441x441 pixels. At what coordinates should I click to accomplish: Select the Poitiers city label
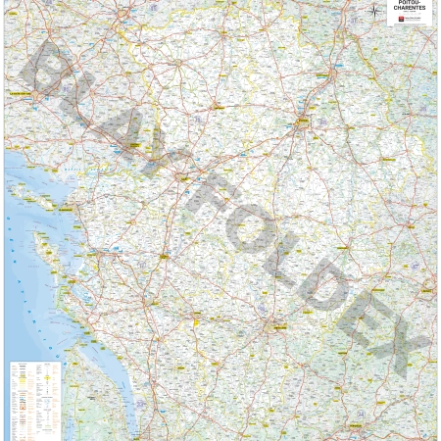(x=303, y=122)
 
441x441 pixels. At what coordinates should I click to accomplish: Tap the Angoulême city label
(x=279, y=327)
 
